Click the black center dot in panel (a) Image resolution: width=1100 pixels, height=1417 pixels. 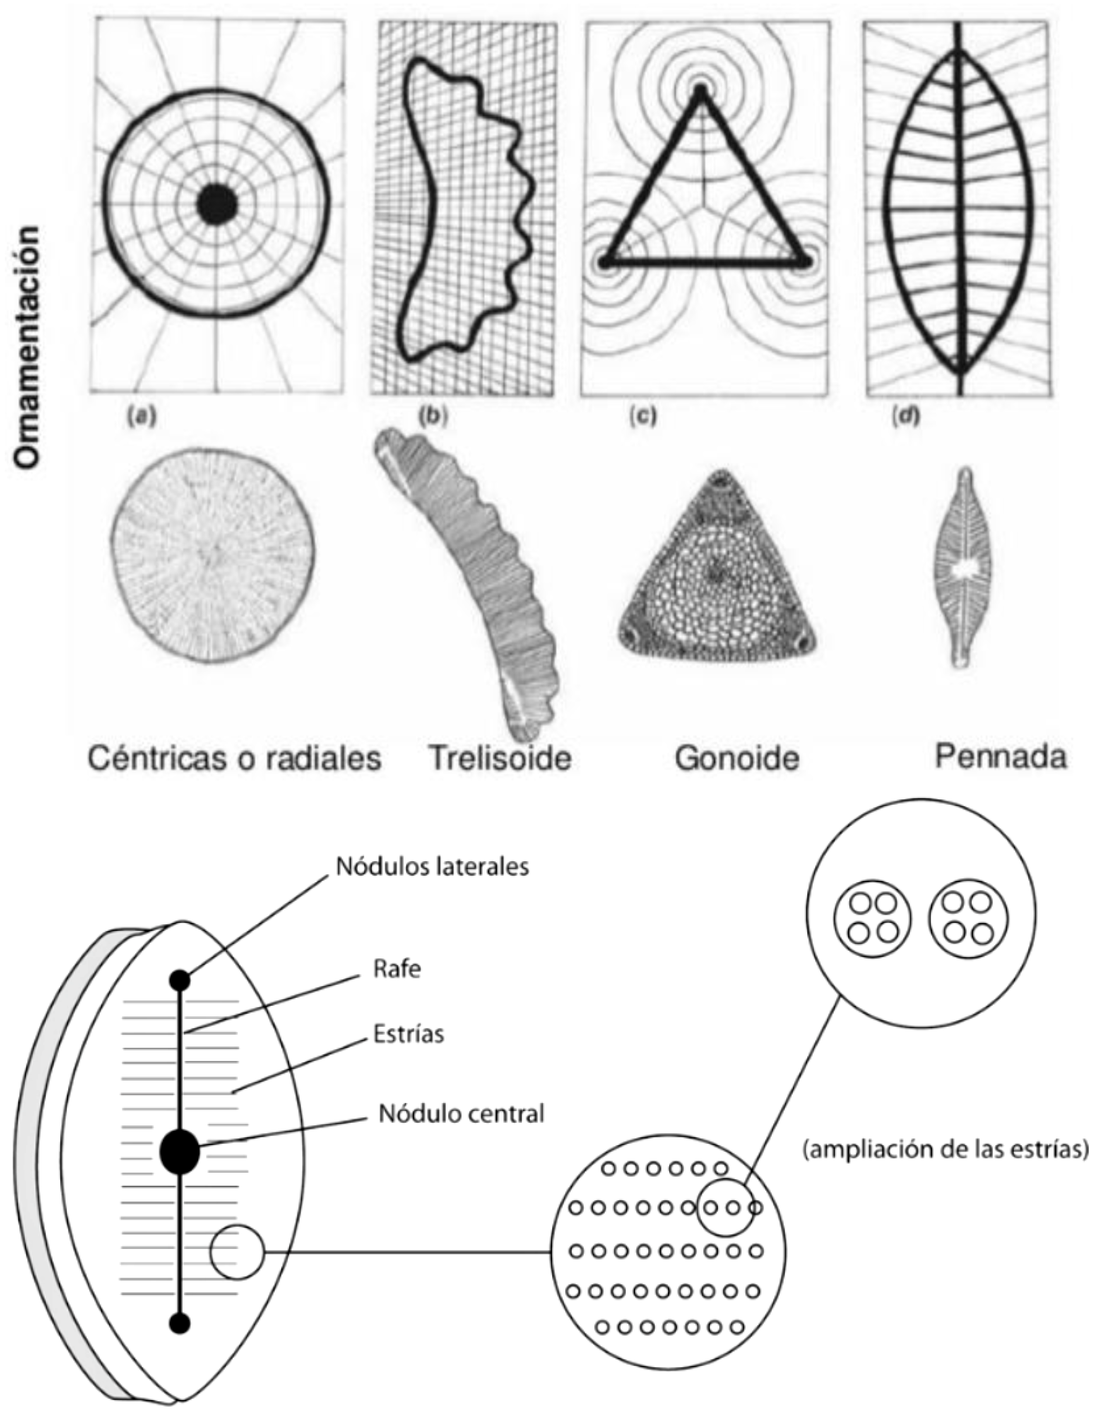[x=217, y=205]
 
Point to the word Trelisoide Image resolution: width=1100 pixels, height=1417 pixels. [x=500, y=758]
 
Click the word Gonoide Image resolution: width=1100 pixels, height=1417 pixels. [x=737, y=758]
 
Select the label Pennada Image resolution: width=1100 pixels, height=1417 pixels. [x=1001, y=756]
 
